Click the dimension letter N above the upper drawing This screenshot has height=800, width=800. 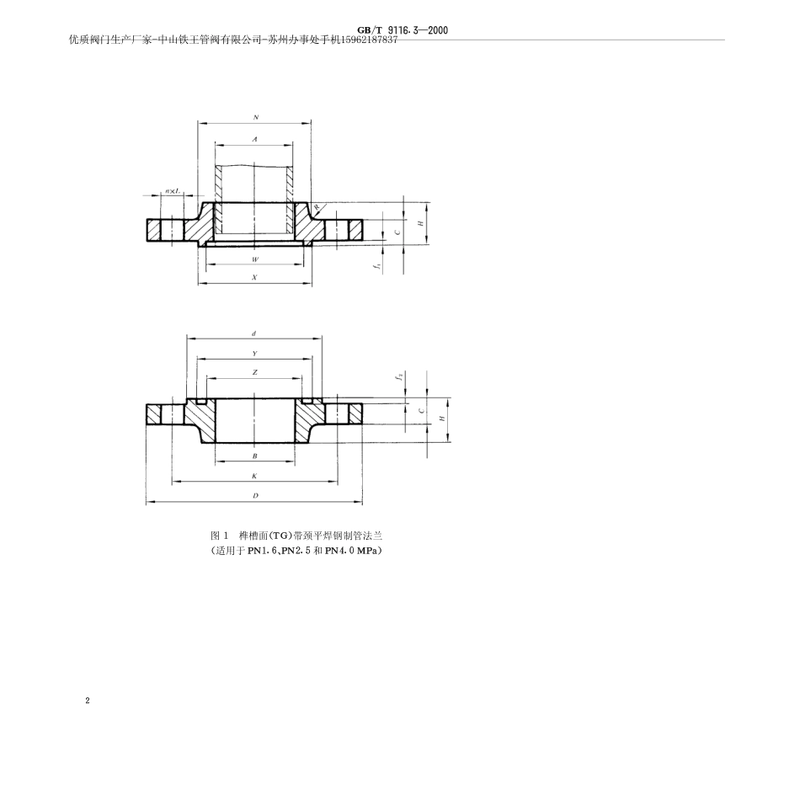(x=255, y=118)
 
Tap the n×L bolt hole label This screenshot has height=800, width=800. (x=171, y=192)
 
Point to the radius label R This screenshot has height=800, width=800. (x=317, y=206)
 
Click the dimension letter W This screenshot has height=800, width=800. (x=255, y=259)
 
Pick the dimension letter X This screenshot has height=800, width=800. (x=255, y=278)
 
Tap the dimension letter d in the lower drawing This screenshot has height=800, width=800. (x=253, y=334)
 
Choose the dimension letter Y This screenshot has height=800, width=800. (x=254, y=354)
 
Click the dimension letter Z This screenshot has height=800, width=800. (x=254, y=371)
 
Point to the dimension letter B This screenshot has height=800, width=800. (x=254, y=456)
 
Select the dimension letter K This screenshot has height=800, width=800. (x=254, y=476)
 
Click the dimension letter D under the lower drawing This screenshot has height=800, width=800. (x=254, y=496)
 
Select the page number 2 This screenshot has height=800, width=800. (x=87, y=701)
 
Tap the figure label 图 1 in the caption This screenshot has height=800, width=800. (x=220, y=536)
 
